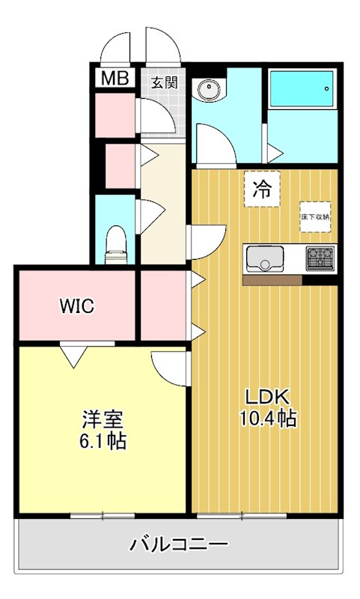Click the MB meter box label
click(x=115, y=79)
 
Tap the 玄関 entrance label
click(x=164, y=82)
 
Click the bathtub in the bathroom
click(x=302, y=89)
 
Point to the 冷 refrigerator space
click(x=262, y=189)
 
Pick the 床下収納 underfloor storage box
click(x=315, y=217)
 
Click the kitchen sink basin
click(x=264, y=258)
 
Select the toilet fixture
click(x=116, y=246)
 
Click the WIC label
click(x=77, y=306)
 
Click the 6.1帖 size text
click(x=103, y=440)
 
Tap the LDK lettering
click(x=267, y=398)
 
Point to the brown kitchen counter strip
click(x=272, y=280)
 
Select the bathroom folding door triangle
click(x=275, y=153)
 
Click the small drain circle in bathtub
click(x=327, y=88)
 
